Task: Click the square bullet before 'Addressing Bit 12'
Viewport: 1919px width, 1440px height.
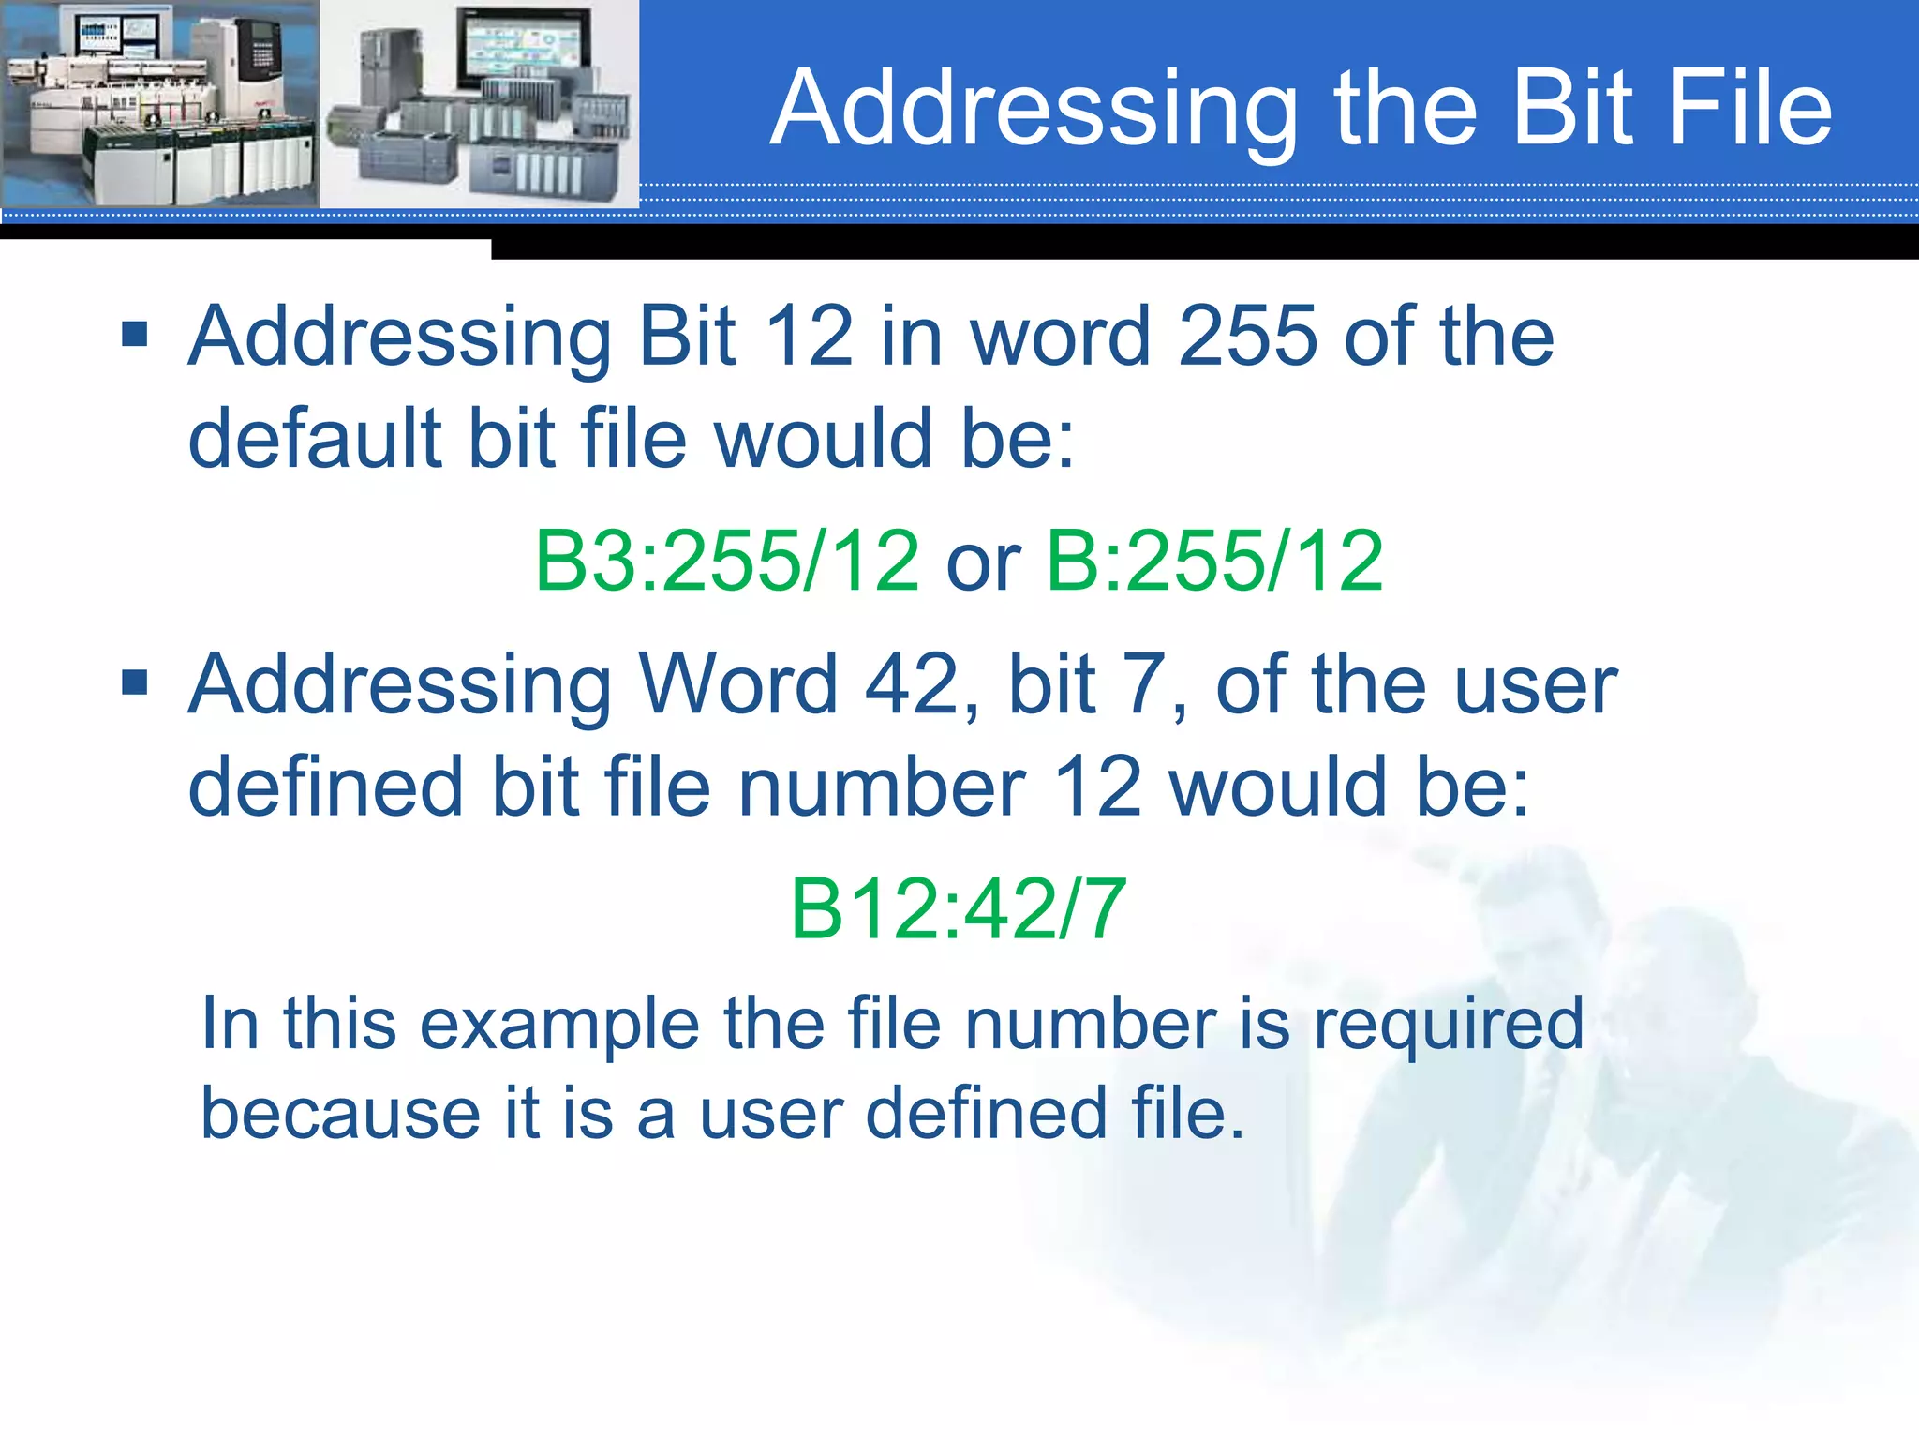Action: click(135, 334)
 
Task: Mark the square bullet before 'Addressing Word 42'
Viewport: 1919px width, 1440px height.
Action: click(135, 682)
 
